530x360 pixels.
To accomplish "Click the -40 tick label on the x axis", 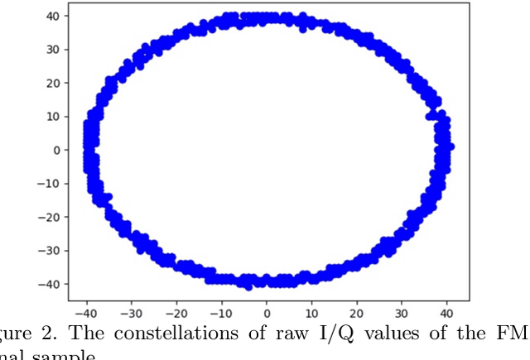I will pos(85,315).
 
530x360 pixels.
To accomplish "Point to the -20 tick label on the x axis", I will pos(176,315).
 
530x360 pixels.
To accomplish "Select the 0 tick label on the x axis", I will pos(267,315).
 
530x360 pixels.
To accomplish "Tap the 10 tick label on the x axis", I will pos(311,315).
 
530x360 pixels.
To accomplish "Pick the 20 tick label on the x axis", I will pos(357,315).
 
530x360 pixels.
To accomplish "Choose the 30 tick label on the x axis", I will pos(402,315).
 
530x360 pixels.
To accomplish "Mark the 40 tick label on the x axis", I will pos(447,315).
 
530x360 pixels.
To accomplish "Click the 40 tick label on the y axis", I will pos(51,16).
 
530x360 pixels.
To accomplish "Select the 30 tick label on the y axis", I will pos(51,50).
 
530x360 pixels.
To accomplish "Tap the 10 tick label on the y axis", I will pos(51,117).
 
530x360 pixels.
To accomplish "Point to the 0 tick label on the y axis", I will pos(55,150).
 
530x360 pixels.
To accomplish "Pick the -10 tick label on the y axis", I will pos(48,184).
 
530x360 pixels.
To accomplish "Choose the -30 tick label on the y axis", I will pos(48,251).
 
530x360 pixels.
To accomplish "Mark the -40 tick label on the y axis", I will pos(48,284).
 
